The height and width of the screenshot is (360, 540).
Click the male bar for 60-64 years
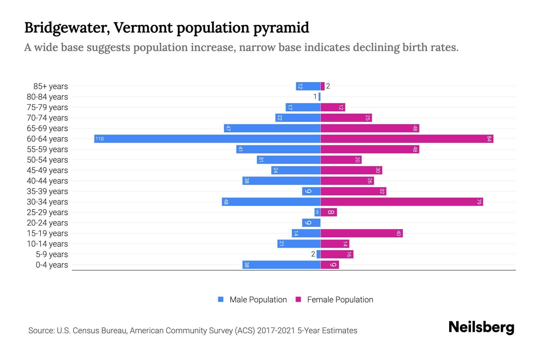tap(207, 139)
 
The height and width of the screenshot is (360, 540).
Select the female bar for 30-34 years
tap(401, 202)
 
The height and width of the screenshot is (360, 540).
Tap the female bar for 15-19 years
tap(361, 233)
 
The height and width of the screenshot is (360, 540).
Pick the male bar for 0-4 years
tap(281, 265)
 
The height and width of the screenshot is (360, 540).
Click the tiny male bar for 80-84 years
tap(319, 97)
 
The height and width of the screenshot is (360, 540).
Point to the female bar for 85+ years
tap(322, 86)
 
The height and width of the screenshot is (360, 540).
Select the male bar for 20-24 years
tap(311, 223)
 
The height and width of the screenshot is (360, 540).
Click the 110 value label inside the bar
tap(100, 139)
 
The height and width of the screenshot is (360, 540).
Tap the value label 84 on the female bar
tap(489, 139)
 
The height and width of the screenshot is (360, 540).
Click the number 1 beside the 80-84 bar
tap(315, 97)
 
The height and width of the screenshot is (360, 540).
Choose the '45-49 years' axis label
tap(47, 170)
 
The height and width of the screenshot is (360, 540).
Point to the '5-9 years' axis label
tap(52, 254)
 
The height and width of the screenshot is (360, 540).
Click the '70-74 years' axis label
tap(47, 118)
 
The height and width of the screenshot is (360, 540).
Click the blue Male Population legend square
tap(221, 299)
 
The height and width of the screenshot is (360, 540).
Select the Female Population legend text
tap(340, 299)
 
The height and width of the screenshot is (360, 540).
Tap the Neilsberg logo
tap(481, 327)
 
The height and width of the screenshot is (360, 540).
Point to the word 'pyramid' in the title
tap(281, 28)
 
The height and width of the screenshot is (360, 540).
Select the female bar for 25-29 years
tap(328, 212)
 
